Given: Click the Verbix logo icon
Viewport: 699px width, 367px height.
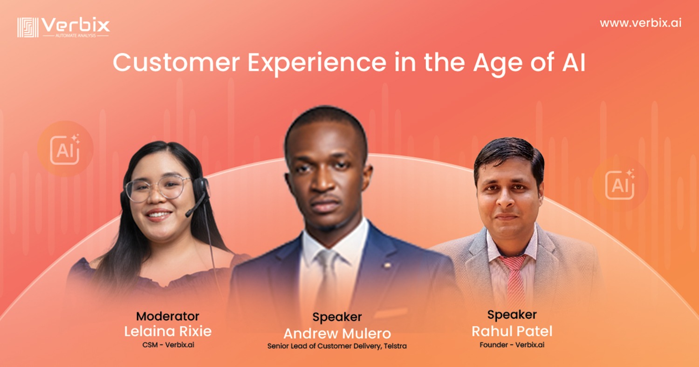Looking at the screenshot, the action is click(28, 27).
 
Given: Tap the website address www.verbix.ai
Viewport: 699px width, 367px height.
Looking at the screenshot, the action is click(640, 23).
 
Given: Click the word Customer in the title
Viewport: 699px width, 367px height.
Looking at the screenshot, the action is click(176, 63).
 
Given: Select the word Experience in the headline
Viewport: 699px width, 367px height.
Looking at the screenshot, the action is click(317, 64).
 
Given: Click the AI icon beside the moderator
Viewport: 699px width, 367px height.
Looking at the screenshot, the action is click(65, 150).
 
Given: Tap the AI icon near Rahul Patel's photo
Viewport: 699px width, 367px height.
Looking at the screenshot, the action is click(620, 184).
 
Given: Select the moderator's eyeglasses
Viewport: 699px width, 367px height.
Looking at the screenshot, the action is click(158, 188).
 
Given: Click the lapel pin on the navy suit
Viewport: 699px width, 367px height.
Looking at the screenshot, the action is click(387, 265).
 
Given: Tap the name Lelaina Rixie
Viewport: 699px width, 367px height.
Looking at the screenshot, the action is click(168, 331).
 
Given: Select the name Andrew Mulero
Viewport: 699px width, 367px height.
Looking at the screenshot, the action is click(337, 333).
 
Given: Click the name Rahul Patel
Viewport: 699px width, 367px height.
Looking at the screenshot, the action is click(512, 331).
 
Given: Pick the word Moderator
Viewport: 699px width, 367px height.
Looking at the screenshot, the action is click(168, 316).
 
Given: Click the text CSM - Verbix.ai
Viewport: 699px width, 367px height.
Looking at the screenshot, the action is click(168, 345).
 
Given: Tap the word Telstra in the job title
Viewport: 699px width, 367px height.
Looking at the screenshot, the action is click(395, 346).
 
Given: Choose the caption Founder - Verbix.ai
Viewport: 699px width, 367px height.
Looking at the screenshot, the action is click(512, 345).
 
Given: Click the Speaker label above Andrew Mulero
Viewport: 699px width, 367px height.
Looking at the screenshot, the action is click(337, 317).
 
